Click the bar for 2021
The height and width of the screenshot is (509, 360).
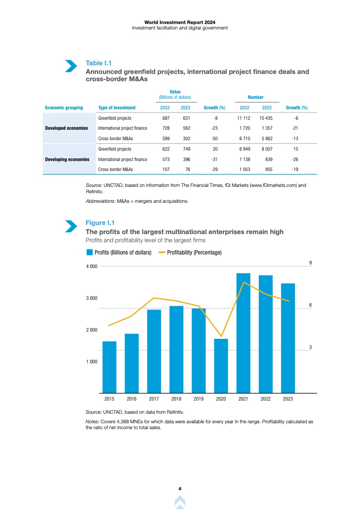[243, 333]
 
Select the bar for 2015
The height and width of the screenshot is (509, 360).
[109, 367]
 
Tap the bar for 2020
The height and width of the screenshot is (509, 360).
[221, 366]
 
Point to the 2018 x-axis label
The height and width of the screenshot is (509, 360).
[176, 399]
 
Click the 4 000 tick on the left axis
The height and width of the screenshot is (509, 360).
[92, 266]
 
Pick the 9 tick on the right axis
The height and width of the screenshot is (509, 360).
[310, 263]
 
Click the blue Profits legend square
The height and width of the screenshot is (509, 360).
[89, 252]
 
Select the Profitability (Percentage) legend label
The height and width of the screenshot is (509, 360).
[194, 252]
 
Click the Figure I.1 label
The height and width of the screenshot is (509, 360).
[100, 222]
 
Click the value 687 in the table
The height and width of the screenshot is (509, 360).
[166, 117]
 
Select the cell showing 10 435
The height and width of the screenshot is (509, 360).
[266, 117]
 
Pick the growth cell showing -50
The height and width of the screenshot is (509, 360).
[215, 138]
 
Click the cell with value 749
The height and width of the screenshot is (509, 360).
[185, 149]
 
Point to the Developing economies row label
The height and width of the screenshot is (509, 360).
[67, 159]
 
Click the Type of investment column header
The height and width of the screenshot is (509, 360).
[117, 108]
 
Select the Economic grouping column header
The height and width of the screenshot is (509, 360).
[64, 108]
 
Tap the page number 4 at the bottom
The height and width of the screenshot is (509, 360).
[180, 489]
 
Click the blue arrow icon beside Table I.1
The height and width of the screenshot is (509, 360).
[70, 66]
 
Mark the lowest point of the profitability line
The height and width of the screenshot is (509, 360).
[221, 337]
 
